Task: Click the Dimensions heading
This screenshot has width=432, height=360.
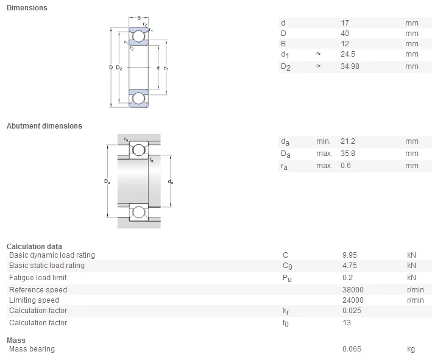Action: (x=26, y=8)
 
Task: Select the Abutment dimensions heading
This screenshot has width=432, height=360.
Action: (x=44, y=126)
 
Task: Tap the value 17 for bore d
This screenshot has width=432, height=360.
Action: (x=345, y=23)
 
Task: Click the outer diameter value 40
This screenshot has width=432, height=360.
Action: (x=345, y=34)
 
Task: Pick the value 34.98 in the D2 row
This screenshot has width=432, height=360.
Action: (x=350, y=66)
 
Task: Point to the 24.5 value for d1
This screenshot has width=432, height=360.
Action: (x=347, y=54)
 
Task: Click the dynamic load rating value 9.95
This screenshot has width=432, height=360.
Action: (x=350, y=255)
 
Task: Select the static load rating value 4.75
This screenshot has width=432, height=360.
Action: (x=350, y=266)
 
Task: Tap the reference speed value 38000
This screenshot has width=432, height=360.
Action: (x=353, y=290)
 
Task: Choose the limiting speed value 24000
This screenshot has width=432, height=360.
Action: (x=353, y=300)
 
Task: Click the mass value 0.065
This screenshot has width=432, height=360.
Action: (x=352, y=349)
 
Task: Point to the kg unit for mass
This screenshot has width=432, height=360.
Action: (x=411, y=349)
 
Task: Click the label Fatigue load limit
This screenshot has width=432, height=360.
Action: (x=38, y=278)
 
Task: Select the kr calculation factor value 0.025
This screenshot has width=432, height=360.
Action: (x=352, y=311)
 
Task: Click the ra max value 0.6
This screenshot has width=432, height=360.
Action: (x=346, y=166)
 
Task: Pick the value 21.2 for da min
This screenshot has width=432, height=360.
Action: (x=348, y=141)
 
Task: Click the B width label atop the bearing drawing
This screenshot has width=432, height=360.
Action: (x=139, y=18)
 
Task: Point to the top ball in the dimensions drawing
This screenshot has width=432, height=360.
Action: (x=139, y=37)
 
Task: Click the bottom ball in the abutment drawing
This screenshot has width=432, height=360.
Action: (x=139, y=212)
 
